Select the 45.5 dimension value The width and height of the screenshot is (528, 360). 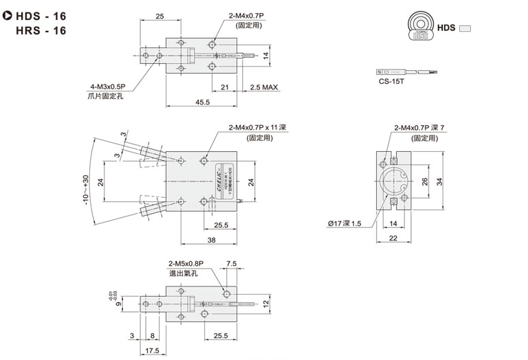point(183,102)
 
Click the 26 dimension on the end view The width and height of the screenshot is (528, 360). point(424,181)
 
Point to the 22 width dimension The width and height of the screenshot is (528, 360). point(393,239)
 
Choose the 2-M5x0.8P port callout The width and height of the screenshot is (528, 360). point(186,263)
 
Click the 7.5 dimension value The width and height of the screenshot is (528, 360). point(231,264)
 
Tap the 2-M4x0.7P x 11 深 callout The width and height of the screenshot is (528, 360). point(256,127)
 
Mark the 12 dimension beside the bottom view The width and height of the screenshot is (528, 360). point(266,303)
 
